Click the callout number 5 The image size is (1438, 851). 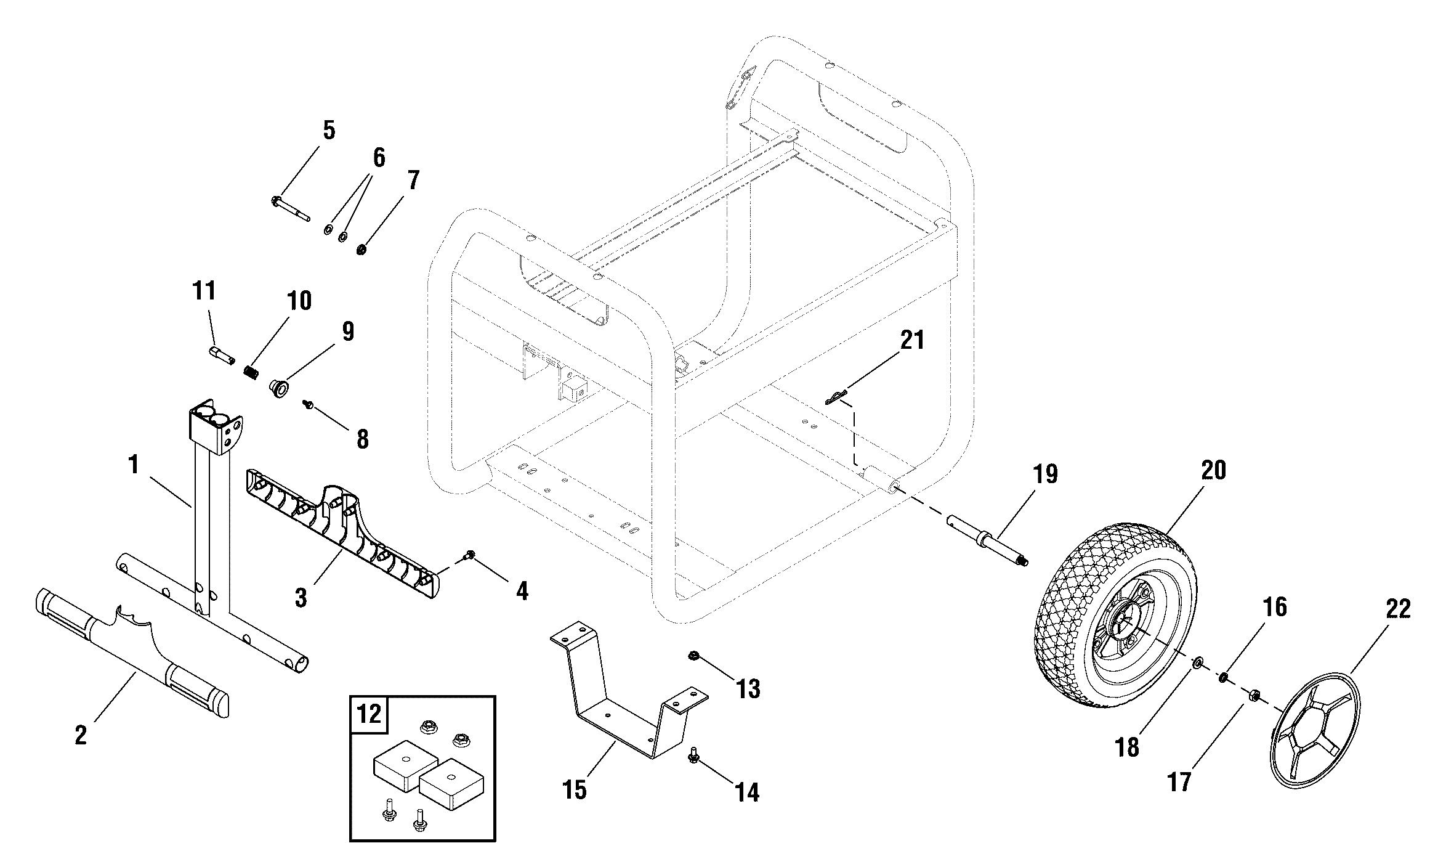click(x=329, y=131)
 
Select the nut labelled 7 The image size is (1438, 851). click(x=362, y=250)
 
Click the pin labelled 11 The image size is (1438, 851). click(x=221, y=356)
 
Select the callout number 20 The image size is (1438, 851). click(x=1213, y=470)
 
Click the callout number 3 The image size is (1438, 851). click(x=301, y=598)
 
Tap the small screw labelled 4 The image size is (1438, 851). click(x=471, y=555)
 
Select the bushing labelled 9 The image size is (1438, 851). click(x=280, y=389)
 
